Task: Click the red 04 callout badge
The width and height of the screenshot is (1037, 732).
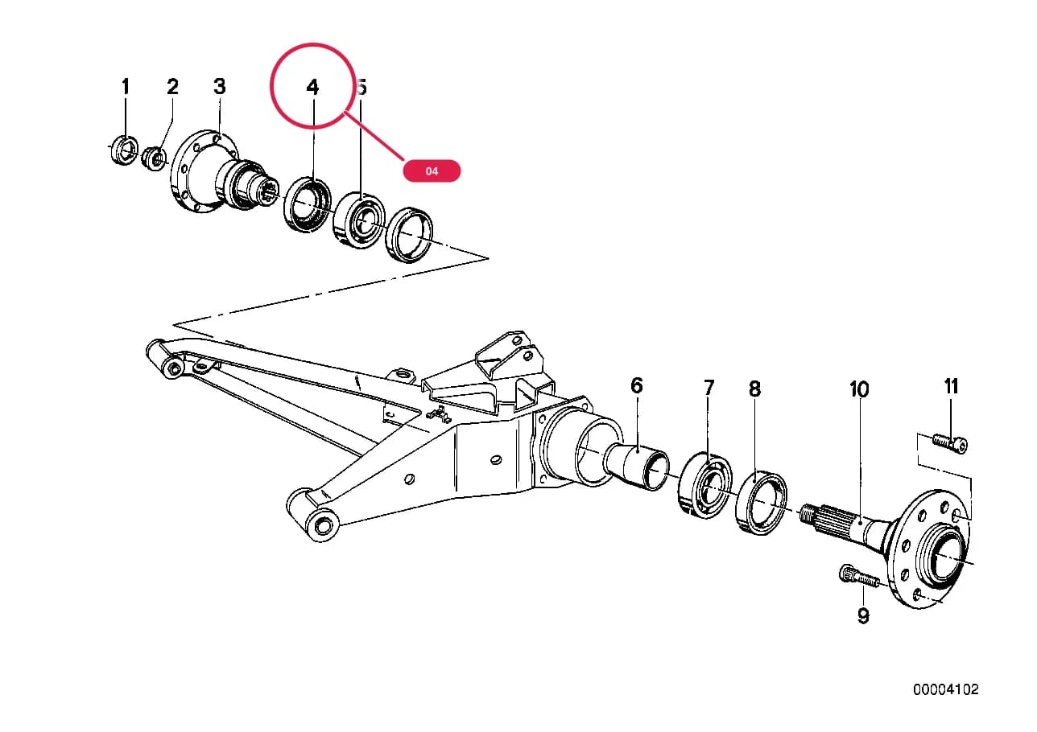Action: (x=432, y=171)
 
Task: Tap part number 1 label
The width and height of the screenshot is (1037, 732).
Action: (x=126, y=86)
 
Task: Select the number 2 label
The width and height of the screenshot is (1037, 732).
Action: (x=172, y=86)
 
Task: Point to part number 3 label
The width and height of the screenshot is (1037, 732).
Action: (x=220, y=86)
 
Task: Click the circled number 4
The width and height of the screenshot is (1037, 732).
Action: (x=313, y=88)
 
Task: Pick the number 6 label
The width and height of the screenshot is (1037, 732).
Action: (x=637, y=385)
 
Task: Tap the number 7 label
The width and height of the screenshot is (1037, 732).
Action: (x=709, y=388)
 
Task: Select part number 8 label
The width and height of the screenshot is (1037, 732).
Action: (x=754, y=389)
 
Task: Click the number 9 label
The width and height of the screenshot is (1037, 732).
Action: (x=863, y=615)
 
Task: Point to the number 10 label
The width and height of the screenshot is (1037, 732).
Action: (x=859, y=389)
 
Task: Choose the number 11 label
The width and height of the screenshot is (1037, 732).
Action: (x=952, y=386)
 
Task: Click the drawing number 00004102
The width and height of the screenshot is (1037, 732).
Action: (x=946, y=689)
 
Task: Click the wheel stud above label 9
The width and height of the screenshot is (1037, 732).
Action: (x=859, y=578)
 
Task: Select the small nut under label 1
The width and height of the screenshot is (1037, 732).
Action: (x=125, y=149)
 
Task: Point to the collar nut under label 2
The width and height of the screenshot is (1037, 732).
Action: (x=154, y=158)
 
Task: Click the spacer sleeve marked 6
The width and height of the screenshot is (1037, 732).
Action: (x=636, y=466)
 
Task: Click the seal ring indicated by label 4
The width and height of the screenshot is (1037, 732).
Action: (x=308, y=204)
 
